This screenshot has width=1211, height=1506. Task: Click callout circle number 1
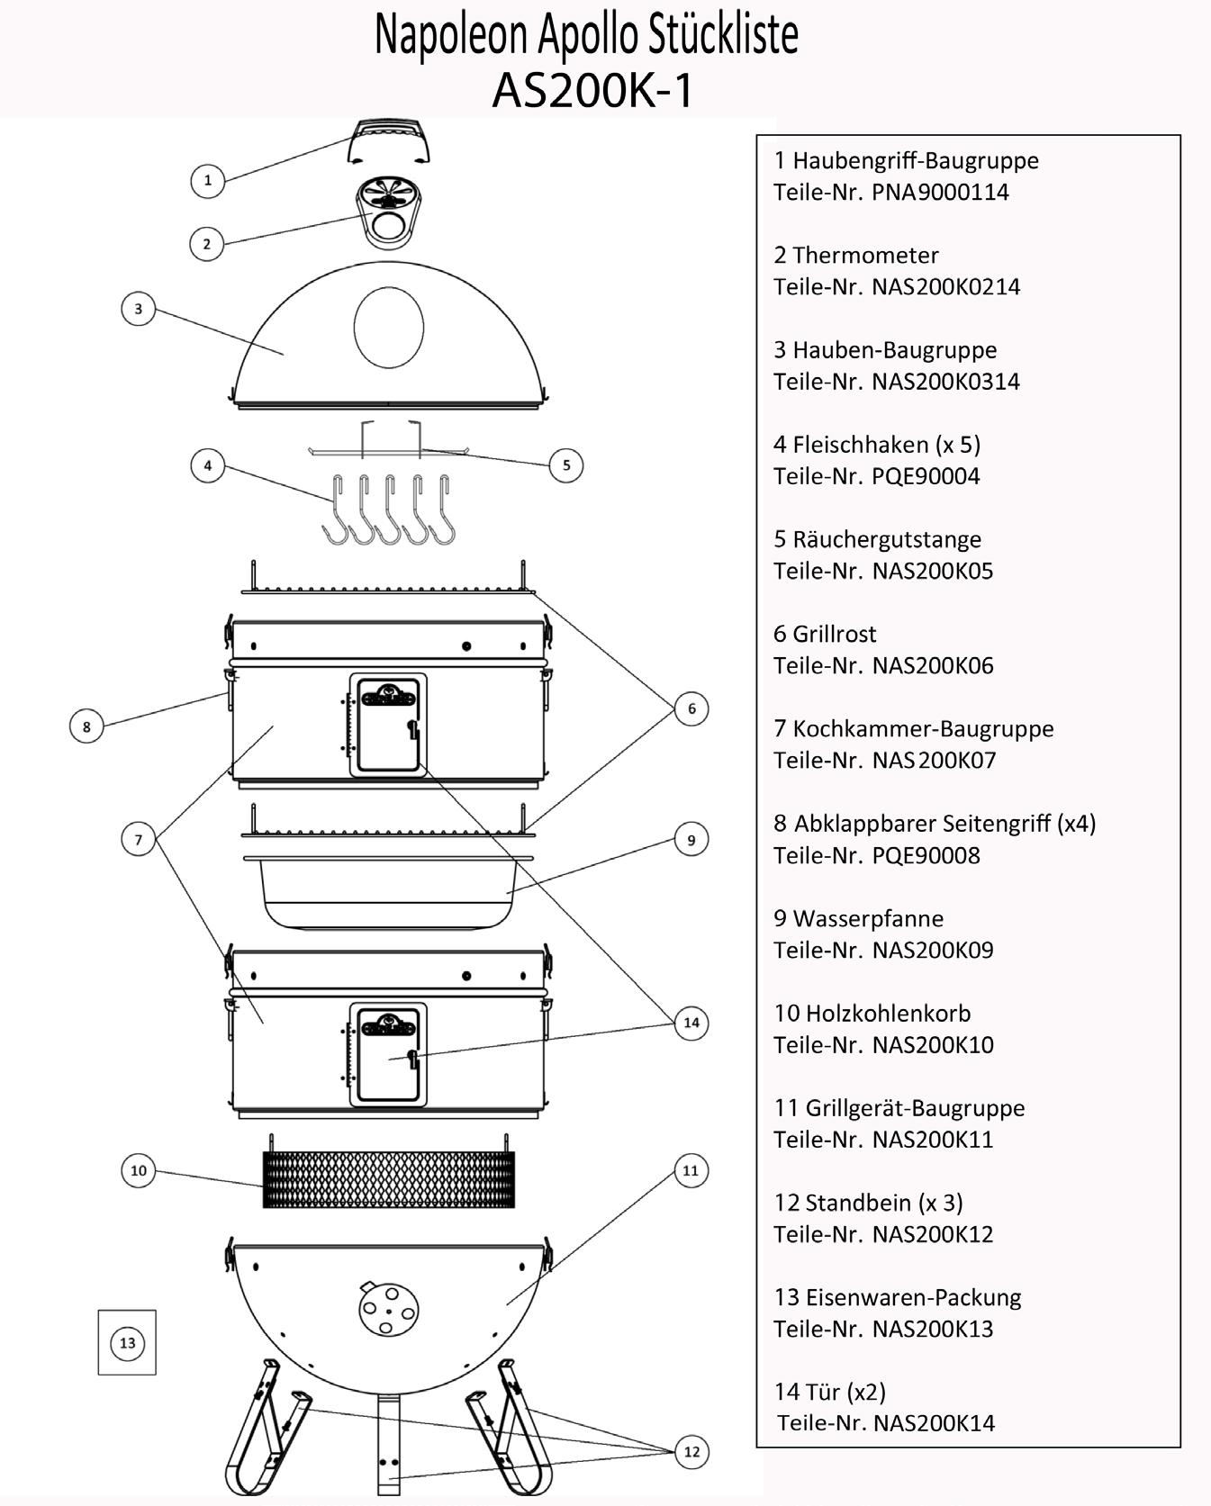coord(208,180)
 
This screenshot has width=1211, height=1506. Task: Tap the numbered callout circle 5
coord(566,465)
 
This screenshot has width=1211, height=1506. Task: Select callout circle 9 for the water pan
coord(691,840)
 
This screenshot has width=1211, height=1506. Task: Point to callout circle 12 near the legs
coord(691,1452)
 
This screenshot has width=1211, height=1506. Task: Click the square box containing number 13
coord(127,1342)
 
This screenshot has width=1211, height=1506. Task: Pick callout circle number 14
coord(691,1023)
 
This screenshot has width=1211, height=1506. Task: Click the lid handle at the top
coord(388,141)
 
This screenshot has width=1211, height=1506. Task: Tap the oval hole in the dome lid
coord(388,328)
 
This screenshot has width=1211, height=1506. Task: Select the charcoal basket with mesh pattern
coord(388,1180)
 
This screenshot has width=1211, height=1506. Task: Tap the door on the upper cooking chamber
coord(389,726)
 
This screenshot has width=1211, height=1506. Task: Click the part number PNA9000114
coord(940,193)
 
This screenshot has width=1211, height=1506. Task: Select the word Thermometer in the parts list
coord(865,256)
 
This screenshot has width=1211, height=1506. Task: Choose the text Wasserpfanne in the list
coord(868,919)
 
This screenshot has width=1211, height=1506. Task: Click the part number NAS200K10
coord(933,1045)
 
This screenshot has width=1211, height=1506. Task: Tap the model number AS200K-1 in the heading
coord(593,90)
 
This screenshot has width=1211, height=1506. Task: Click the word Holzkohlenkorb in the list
coord(888,1014)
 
